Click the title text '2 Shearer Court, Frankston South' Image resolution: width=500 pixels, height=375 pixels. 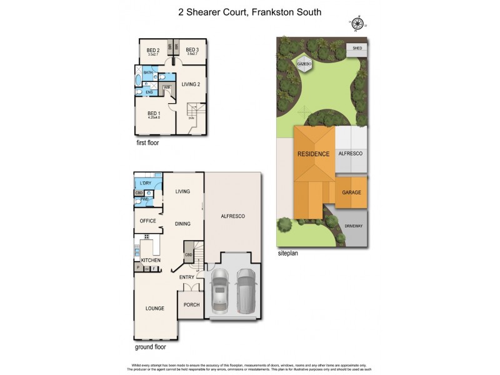pos(249,12)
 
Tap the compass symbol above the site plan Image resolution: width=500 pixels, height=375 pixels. pos(357,24)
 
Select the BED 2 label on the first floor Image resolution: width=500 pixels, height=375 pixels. pos(154,51)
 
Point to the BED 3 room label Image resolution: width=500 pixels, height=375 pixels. pos(192,51)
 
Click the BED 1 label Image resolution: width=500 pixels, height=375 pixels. pos(154,113)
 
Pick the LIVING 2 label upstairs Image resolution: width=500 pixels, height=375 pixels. pos(191,84)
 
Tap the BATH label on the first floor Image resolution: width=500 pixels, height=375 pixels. pos(148,73)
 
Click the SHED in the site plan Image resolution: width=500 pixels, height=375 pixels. pos(357,47)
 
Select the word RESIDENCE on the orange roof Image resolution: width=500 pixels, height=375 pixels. pos(313,154)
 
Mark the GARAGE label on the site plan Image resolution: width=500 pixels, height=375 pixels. pos(351,193)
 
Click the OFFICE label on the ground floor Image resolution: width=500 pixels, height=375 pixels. pos(148,221)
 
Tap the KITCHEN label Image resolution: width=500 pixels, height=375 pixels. pos(151,260)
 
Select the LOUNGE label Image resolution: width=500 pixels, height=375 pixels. pos(154,308)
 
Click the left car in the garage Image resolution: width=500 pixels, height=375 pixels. pos(221,291)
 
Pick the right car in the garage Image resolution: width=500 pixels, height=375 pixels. pos(246,291)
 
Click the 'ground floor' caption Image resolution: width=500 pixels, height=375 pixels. pos(151,346)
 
